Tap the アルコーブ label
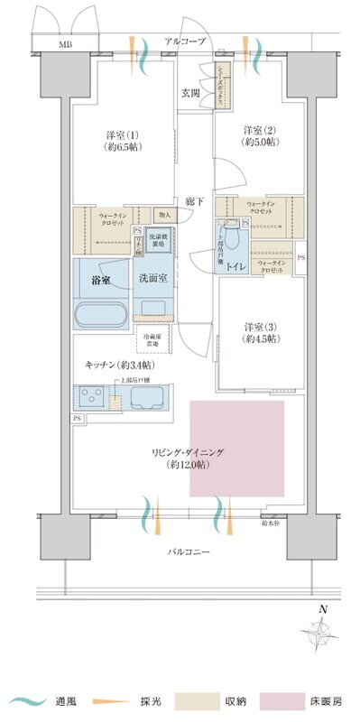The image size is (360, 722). coord(185,42)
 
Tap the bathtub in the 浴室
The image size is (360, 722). coord(100,315)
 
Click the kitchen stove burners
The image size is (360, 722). coord(91,398)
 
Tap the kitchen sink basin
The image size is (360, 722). coord(144,398)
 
